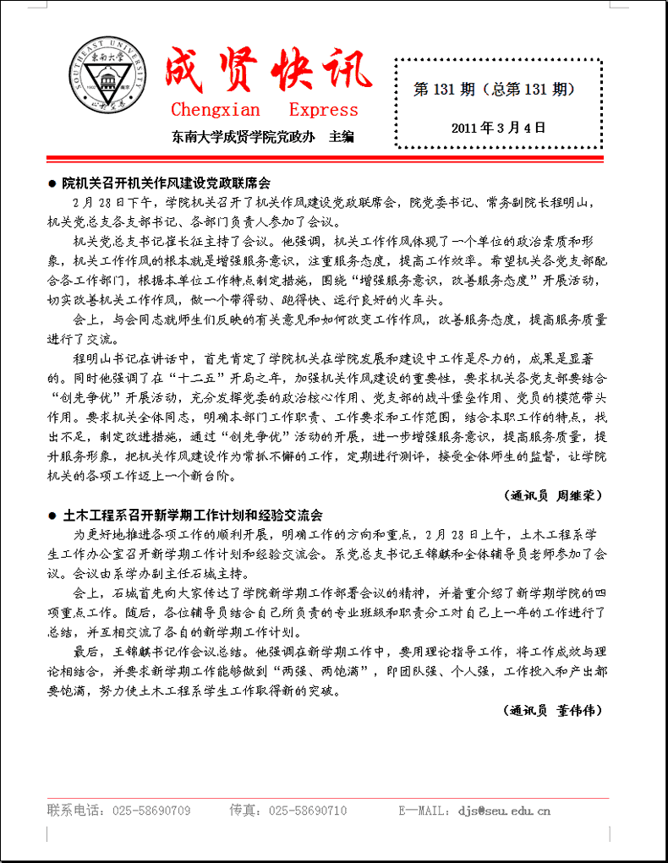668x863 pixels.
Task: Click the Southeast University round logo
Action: click(106, 78)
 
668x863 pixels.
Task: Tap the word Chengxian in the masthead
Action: click(216, 110)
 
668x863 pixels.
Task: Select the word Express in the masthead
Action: click(323, 110)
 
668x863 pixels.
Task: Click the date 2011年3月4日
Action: click(499, 128)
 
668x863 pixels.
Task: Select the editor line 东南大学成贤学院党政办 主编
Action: click(262, 135)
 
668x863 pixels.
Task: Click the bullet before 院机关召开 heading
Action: click(52, 183)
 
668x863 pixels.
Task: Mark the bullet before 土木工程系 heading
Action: click(52, 516)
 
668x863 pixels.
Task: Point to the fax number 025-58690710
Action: click(308, 811)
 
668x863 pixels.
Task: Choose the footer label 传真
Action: click(244, 811)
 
